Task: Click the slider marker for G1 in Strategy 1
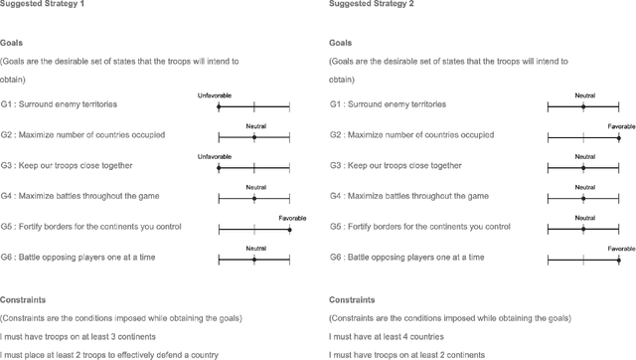click(219, 105)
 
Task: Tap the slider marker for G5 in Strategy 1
click(289, 228)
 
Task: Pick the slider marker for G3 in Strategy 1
click(219, 166)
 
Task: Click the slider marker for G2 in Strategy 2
click(619, 136)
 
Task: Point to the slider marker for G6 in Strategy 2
click(619, 259)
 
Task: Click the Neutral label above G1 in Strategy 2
click(584, 95)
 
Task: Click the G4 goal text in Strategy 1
click(83, 196)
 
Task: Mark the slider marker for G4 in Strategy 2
click(583, 197)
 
